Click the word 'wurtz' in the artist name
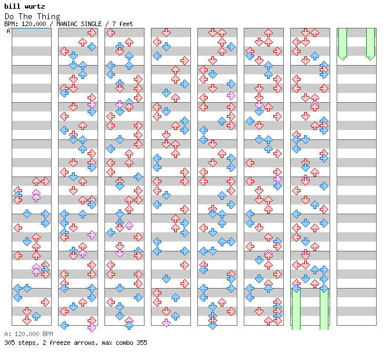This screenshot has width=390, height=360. point(35,6)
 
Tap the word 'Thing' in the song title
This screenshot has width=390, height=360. point(49,17)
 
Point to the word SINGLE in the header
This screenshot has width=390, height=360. point(91,24)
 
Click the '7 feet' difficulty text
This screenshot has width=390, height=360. point(122,24)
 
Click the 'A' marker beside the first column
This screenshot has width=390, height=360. point(9,31)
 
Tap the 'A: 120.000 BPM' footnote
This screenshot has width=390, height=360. point(29,334)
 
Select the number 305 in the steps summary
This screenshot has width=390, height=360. point(9,343)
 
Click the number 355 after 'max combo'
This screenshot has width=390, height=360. point(142,343)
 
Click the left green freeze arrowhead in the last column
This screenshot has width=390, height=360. point(342,58)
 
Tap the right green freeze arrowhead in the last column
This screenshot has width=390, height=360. point(370,58)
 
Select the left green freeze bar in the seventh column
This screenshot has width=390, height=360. point(296,309)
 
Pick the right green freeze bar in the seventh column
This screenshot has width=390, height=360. point(324,309)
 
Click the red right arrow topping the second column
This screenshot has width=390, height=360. point(92,33)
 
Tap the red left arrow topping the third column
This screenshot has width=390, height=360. point(110,33)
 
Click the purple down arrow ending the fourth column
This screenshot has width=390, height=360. point(166,323)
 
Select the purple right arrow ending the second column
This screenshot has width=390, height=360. point(92,327)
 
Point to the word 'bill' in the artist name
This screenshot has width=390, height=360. point(12,6)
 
